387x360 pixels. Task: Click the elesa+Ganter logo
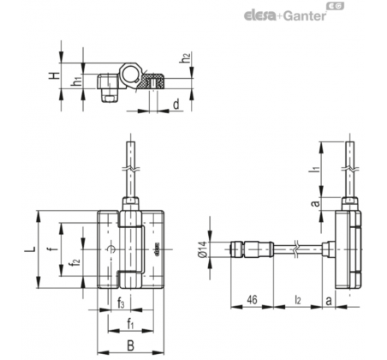[x=294, y=12]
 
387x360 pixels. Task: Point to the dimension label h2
[x=186, y=58]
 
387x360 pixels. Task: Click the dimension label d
[x=176, y=105]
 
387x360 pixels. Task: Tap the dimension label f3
[x=121, y=303]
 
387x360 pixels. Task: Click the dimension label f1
[x=130, y=324]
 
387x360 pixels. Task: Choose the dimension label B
[x=130, y=345]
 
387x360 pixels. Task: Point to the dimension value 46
[x=252, y=300]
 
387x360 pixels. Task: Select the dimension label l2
[x=298, y=300]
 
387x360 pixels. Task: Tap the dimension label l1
[x=315, y=166]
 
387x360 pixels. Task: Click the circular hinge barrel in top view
[x=131, y=74]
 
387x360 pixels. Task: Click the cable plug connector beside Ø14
[x=252, y=249]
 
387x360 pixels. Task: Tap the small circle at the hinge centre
[x=111, y=249]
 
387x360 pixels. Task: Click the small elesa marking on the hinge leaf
[x=157, y=249]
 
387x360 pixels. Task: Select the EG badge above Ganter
[x=336, y=6]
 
